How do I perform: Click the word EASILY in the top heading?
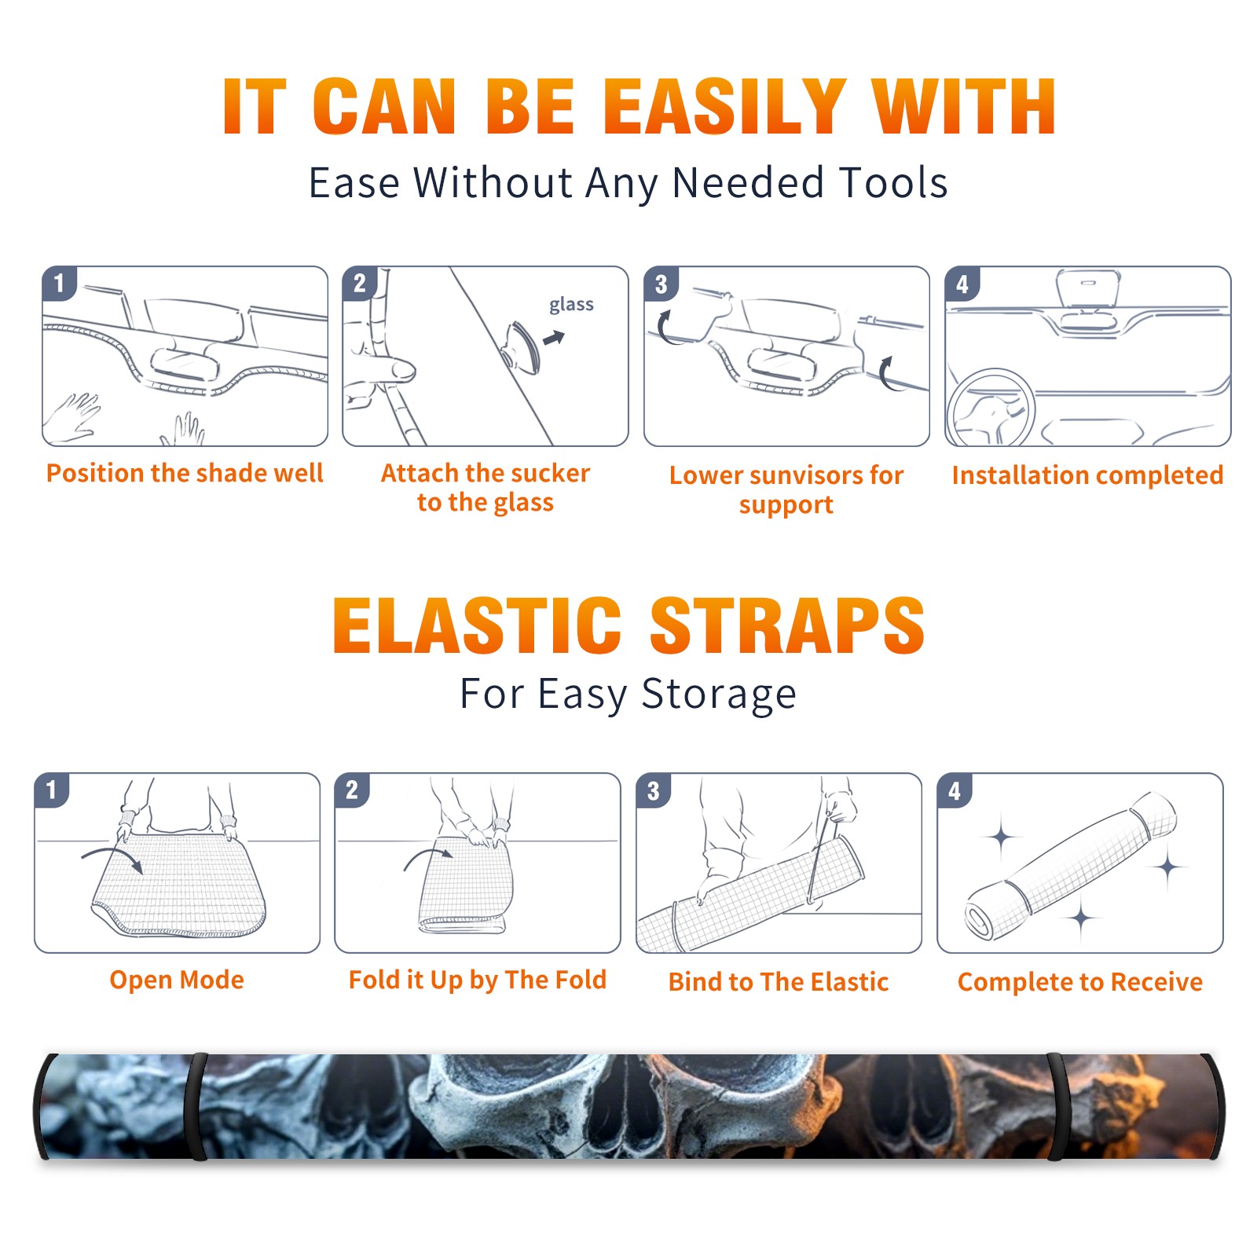[725, 107]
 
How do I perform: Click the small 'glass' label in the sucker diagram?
[571, 305]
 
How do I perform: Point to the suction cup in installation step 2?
[522, 347]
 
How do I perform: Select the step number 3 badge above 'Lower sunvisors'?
[661, 284]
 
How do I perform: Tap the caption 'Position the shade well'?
[185, 473]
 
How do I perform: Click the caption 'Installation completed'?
[1087, 475]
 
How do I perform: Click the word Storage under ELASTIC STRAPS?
[719, 694]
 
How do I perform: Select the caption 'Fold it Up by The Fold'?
[478, 980]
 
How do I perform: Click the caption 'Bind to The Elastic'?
[779, 982]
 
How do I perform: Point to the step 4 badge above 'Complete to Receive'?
[955, 790]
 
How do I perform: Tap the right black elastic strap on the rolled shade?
[1057, 1107]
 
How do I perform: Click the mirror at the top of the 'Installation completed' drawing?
[1088, 288]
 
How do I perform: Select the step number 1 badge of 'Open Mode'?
[52, 790]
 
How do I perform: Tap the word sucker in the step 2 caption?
[546, 473]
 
